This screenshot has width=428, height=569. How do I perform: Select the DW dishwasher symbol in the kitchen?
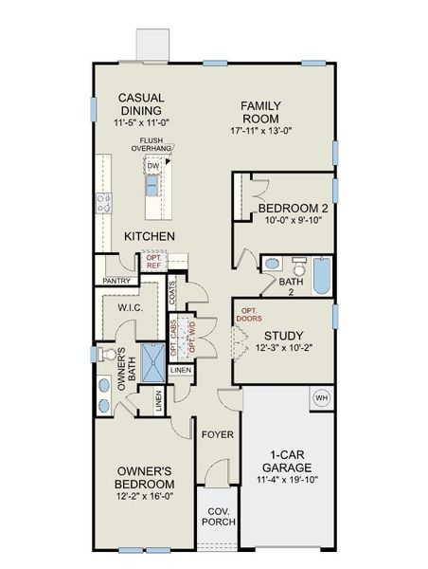[152, 166]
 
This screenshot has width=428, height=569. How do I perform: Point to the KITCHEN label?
[149, 235]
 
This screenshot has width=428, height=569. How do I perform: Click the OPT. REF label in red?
[154, 260]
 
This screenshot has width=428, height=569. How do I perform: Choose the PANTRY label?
[116, 281]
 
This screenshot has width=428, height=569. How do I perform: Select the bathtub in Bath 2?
[321, 276]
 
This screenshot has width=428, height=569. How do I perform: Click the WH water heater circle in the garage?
[321, 397]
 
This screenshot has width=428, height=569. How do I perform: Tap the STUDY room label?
[283, 335]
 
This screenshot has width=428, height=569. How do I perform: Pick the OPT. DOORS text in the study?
[251, 316]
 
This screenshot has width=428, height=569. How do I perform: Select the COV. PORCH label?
[219, 516]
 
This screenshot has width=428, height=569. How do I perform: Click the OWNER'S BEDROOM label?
[144, 477]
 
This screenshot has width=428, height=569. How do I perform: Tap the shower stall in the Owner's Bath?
[152, 362]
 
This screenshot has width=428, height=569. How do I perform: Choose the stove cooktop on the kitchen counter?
[103, 202]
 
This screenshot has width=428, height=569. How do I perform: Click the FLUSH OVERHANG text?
[152, 144]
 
